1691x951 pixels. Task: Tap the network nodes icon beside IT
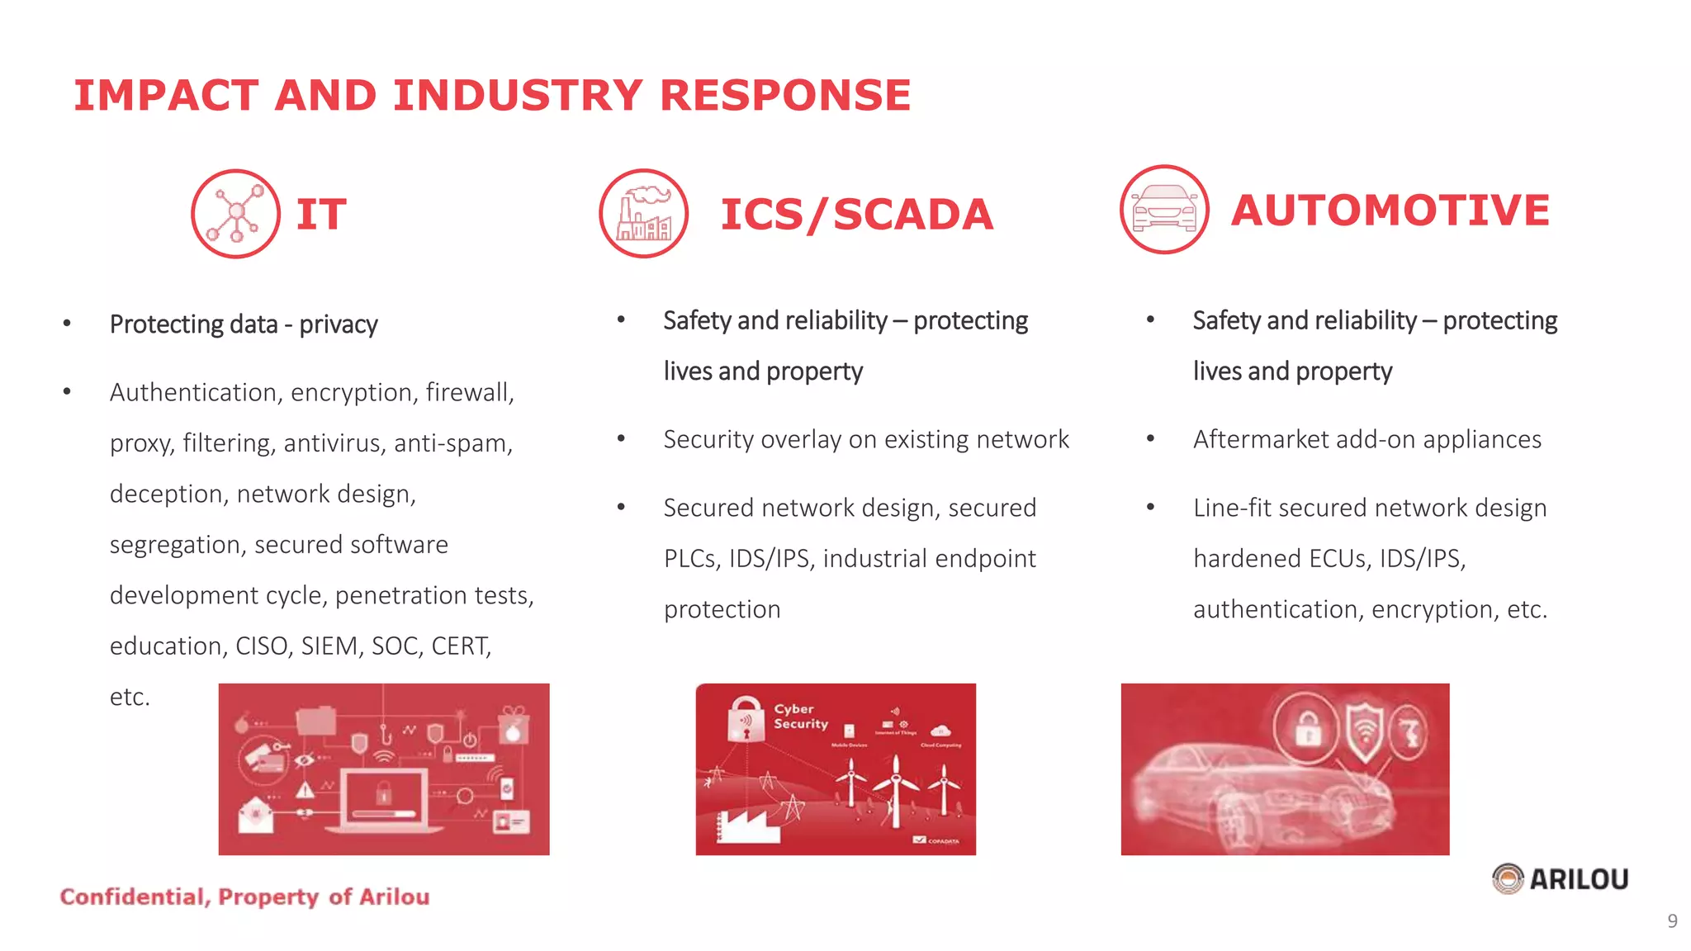[235, 214]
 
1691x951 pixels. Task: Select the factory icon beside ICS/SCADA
[644, 214]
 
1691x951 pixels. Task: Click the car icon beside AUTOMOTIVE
[1164, 210]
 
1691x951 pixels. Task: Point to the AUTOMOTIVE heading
[1390, 210]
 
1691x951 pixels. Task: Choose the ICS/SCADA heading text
[856, 215]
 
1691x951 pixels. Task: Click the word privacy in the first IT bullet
[338, 324]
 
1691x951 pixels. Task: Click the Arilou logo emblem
[1508, 878]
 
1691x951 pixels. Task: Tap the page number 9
[1672, 920]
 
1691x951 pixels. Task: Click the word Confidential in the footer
[132, 897]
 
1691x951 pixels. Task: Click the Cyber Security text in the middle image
[800, 716]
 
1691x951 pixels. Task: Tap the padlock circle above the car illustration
[1308, 728]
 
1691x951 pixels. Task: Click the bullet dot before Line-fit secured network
[1150, 507]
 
